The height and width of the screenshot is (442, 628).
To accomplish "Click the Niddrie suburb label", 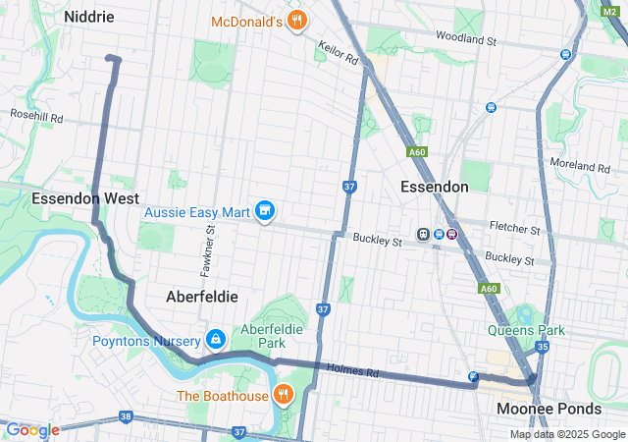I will click(x=88, y=17).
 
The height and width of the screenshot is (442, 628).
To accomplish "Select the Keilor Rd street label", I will click(x=338, y=52).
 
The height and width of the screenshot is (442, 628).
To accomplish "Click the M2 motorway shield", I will click(x=609, y=10).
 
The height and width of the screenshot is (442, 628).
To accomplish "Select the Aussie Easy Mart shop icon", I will click(x=264, y=211).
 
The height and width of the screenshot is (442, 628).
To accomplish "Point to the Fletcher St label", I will click(x=515, y=230).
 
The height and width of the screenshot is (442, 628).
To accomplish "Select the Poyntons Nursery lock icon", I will click(x=214, y=340).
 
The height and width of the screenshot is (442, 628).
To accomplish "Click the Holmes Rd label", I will click(x=358, y=370).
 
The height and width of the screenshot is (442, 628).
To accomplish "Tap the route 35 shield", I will click(x=542, y=346).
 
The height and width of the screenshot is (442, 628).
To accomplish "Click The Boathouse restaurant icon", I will click(x=283, y=395).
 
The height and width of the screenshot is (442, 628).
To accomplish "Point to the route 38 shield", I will click(x=126, y=416).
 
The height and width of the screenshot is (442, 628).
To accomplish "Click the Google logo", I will click(x=32, y=430).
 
